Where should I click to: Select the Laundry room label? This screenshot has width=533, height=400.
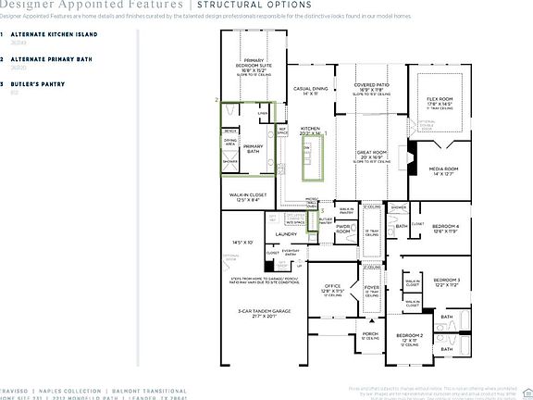(x=285, y=234)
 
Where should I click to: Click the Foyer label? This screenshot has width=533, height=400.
(x=372, y=288)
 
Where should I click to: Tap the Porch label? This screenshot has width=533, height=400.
(x=370, y=334)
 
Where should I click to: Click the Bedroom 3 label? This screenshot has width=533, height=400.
(x=447, y=280)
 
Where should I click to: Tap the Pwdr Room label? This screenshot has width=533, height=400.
(x=342, y=228)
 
